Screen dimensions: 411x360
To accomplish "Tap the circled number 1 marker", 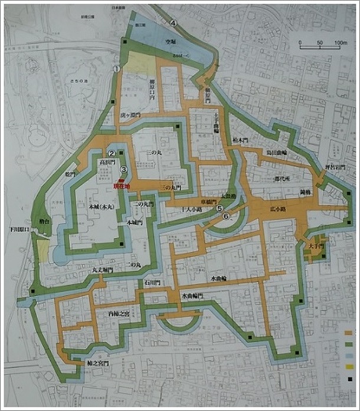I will pos(117,69).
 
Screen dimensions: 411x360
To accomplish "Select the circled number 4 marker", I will pos(174,23).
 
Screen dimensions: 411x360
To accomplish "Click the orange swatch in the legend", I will pos(349,332).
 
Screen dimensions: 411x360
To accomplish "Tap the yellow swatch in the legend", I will pos(349,367).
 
